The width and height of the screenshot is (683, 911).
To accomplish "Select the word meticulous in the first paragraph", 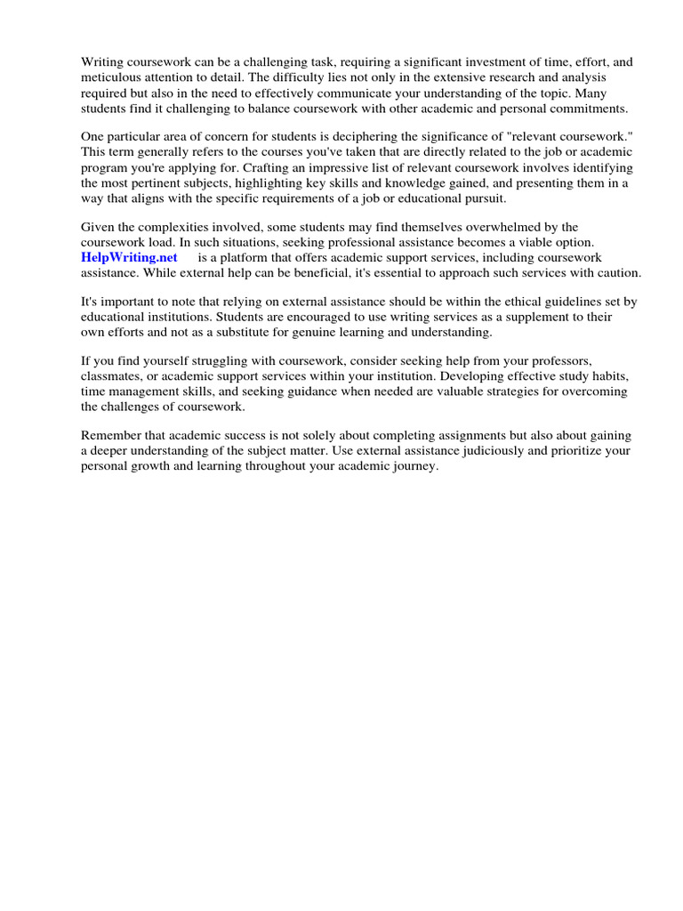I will point(111,77).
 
